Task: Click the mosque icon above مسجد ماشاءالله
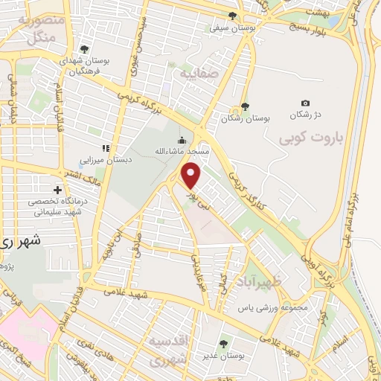pyautogui.click(x=182, y=140)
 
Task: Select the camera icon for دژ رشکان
pyautogui.click(x=305, y=103)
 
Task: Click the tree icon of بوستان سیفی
pyautogui.click(x=233, y=16)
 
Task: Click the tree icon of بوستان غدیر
pyautogui.click(x=224, y=343)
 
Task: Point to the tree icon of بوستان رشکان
pyautogui.click(x=245, y=106)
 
